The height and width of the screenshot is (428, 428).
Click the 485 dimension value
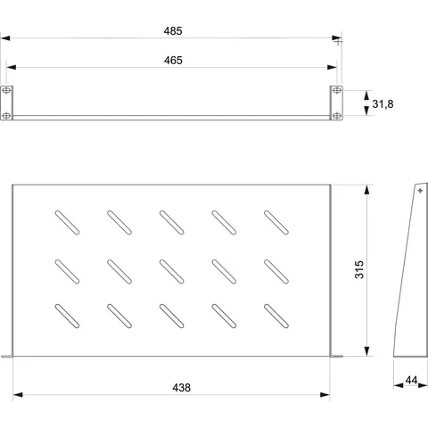click(173, 31)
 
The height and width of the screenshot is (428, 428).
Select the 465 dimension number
click(173, 61)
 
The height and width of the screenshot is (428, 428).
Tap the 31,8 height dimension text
click(383, 104)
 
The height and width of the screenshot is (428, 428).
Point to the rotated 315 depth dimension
click(359, 269)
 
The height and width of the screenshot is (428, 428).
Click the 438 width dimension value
click(181, 388)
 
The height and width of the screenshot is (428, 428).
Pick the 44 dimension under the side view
click(411, 380)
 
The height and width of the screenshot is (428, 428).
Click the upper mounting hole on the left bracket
click(6, 90)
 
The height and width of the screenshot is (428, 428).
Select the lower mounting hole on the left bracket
click(6, 115)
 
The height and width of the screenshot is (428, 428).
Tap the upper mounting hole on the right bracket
click(336, 90)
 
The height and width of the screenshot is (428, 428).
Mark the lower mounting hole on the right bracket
click(336, 115)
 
